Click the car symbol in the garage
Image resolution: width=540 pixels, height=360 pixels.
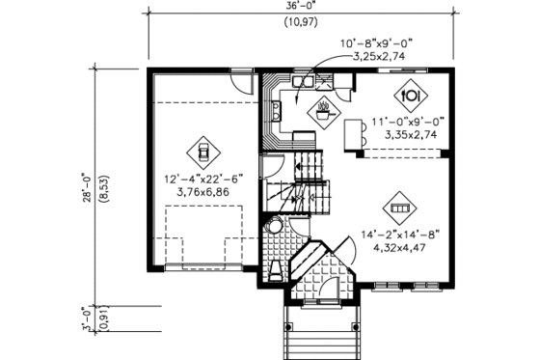tap(203, 150)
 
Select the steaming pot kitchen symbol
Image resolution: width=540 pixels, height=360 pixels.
tap(323, 109)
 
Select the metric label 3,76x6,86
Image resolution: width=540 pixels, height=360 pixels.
tap(202, 192)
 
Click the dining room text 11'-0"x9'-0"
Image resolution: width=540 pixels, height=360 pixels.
tap(407, 122)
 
